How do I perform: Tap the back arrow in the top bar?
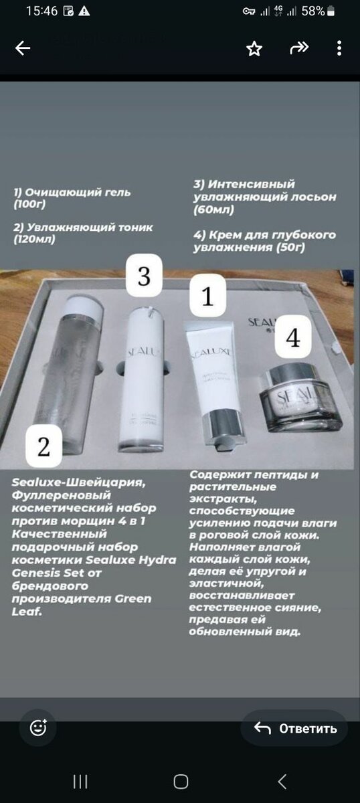[x=23, y=48]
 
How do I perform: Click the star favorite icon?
[x=254, y=48]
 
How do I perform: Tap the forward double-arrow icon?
[x=298, y=48]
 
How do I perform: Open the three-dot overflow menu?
[x=339, y=48]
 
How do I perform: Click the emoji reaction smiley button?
[x=38, y=728]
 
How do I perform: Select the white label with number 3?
[x=144, y=276]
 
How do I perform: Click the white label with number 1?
[x=207, y=296]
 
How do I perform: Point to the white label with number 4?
[x=292, y=338]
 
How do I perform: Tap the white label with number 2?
[x=44, y=447]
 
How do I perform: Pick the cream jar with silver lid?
[x=299, y=398]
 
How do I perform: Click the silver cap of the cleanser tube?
[x=223, y=432]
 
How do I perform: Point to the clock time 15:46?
[x=41, y=11]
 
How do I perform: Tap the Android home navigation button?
[x=180, y=781]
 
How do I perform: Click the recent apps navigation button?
[x=80, y=781]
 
